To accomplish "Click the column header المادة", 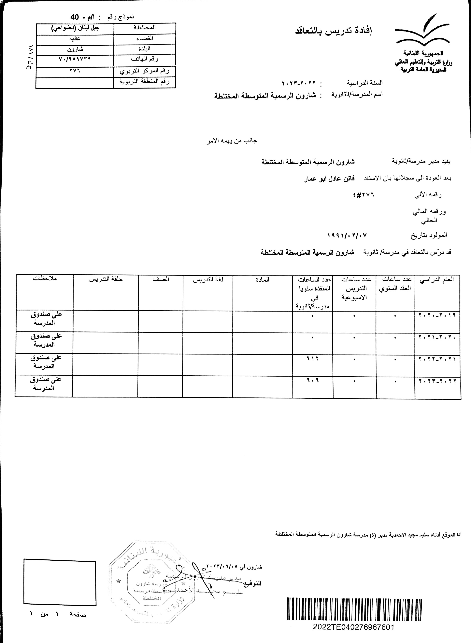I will pos(262,280).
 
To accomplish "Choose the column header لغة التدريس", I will pos(208,280).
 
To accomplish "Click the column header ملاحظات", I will pos(45,278).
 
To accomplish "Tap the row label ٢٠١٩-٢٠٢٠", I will pos(437,315).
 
